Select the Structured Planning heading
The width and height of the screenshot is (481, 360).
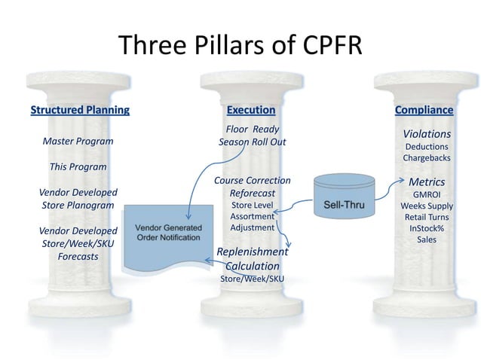(x=80, y=110)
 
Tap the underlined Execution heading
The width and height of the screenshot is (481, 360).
(x=251, y=110)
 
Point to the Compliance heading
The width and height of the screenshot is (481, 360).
(x=424, y=110)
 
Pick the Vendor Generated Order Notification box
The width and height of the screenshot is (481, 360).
(x=168, y=233)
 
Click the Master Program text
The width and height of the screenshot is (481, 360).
(x=78, y=141)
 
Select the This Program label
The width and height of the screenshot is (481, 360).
(x=78, y=166)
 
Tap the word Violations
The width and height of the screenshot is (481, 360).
(x=427, y=134)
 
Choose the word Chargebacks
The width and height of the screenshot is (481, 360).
(x=426, y=158)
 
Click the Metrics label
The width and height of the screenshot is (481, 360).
(x=427, y=182)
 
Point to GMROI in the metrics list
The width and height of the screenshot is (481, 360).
(x=427, y=194)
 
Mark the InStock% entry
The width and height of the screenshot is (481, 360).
(x=427, y=228)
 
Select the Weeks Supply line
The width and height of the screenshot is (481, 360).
(x=427, y=206)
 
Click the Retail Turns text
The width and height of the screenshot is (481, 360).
(x=427, y=217)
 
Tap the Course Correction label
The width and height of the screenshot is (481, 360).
(x=252, y=181)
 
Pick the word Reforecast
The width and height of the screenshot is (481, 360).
(x=252, y=193)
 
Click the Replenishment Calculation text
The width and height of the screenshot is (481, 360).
(x=252, y=258)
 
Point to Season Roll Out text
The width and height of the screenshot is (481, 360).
(x=252, y=142)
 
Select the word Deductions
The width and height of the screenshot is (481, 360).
(x=426, y=146)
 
